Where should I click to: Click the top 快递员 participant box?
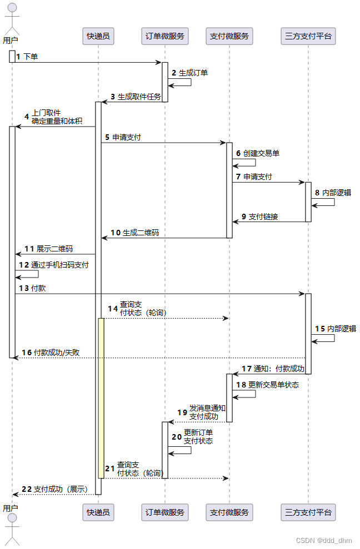tap(98, 37)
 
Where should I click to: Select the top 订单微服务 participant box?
tap(164, 37)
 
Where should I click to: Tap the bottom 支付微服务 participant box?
tap(229, 512)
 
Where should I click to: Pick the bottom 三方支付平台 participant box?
tap(308, 512)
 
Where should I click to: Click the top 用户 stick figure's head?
tap(11, 8)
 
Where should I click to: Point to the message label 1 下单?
tap(27, 57)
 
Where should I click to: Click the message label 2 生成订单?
tap(189, 73)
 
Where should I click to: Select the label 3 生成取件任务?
tap(136, 97)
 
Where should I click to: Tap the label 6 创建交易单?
tap(258, 153)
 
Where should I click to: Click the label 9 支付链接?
tap(259, 216)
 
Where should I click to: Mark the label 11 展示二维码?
tap(48, 249)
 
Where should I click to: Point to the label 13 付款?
tap(32, 288)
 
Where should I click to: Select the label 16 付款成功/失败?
tap(51, 352)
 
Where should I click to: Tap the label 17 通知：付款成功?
tap(273, 369)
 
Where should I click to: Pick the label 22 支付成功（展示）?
tap(54, 489)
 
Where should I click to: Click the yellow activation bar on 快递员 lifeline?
tap(101, 397)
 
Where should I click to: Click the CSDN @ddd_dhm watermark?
tap(324, 541)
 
